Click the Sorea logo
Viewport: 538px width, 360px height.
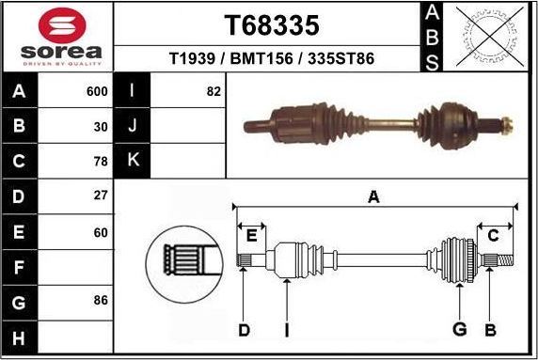tap(56, 38)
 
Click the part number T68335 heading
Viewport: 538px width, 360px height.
tap(270, 24)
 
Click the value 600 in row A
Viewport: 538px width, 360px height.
tap(97, 92)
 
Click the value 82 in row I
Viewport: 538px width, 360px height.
tap(213, 92)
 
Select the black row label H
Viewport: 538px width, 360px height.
tap(19, 337)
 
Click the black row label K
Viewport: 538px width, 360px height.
tap(133, 161)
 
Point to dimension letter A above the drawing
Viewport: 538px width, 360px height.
tap(373, 196)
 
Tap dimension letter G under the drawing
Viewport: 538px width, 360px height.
tap(459, 329)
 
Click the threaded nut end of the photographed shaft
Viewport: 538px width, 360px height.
tap(505, 123)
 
